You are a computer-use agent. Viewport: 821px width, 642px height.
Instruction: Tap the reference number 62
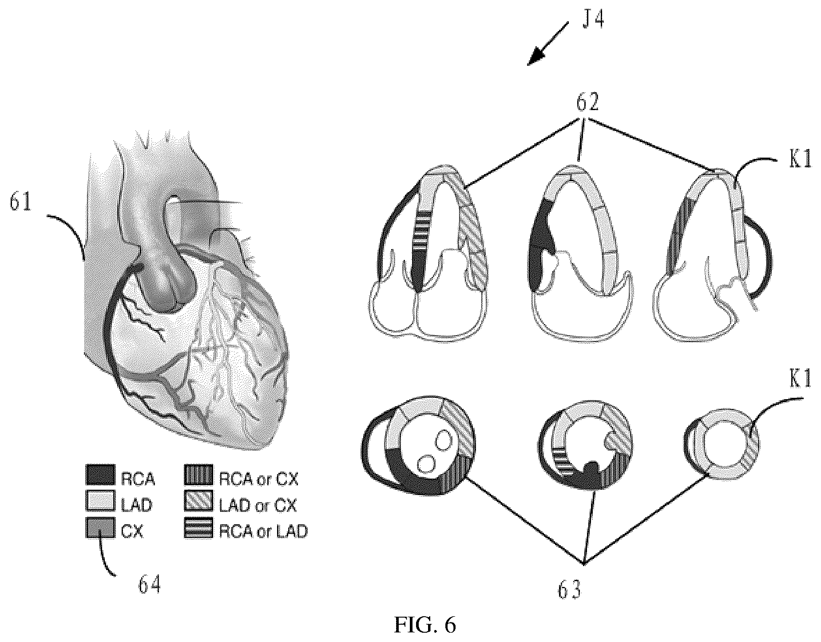pyautogui.click(x=587, y=103)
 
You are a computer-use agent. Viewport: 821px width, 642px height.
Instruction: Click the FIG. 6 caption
pyautogui.click(x=424, y=625)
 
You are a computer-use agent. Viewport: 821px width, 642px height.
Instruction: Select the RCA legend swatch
pyautogui.click(x=100, y=475)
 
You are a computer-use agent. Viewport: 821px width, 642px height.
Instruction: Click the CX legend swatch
pyautogui.click(x=100, y=527)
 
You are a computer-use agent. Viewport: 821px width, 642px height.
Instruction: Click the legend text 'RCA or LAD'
pyautogui.click(x=263, y=530)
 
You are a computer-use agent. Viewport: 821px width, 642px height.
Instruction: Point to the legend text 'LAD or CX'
pyautogui.click(x=258, y=504)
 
